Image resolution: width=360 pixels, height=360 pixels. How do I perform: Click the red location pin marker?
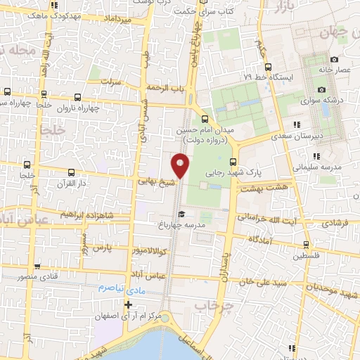point(181,165)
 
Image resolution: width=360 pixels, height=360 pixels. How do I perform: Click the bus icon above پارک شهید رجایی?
point(233,162)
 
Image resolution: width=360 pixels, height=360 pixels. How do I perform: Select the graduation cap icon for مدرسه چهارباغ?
point(181,214)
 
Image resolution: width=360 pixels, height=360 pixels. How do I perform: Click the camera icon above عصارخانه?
point(334,59)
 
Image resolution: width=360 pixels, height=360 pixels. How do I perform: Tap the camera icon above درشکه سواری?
point(322,89)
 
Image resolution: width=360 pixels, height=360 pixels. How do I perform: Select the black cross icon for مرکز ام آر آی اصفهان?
point(128,304)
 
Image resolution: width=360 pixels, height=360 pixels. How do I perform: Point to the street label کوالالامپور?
point(148,250)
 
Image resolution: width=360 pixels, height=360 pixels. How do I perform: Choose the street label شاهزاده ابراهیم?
point(86,214)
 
